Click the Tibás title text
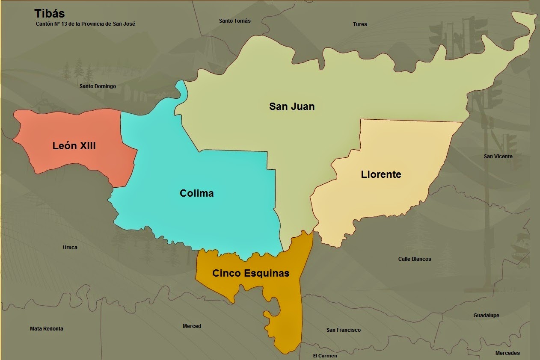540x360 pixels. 50,14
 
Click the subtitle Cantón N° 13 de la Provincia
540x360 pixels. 86,24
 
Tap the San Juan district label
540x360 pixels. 292,106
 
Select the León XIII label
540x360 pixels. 74,146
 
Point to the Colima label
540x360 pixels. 196,193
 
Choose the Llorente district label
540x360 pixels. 381,174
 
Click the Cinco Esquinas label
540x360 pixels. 251,273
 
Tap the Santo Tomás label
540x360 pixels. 234,21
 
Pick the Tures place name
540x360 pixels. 360,24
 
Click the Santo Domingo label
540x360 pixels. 98,86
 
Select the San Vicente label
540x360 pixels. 498,156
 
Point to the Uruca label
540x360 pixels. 70,247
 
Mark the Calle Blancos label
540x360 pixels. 415,259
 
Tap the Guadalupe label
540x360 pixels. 486,316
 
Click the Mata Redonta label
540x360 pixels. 47,329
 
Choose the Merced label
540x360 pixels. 192,326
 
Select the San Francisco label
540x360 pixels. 343,330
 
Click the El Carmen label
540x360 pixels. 325,356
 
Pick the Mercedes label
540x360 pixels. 507,353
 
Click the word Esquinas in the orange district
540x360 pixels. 267,273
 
